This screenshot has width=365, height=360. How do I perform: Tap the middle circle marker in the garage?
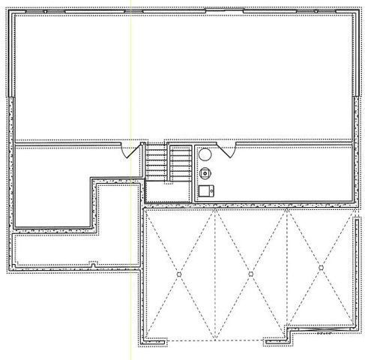250,274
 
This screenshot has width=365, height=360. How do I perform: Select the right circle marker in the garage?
320,266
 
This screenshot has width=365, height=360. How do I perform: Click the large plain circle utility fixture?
205,157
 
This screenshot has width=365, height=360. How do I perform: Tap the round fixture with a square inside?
205,173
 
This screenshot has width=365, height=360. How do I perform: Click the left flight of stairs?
156,162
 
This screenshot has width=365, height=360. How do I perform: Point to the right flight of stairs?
181,162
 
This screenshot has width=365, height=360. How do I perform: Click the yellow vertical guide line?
131,75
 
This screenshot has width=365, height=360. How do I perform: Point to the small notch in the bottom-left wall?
92,264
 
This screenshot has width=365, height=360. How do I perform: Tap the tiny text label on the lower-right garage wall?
325,331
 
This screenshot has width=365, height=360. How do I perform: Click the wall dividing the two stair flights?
169,162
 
